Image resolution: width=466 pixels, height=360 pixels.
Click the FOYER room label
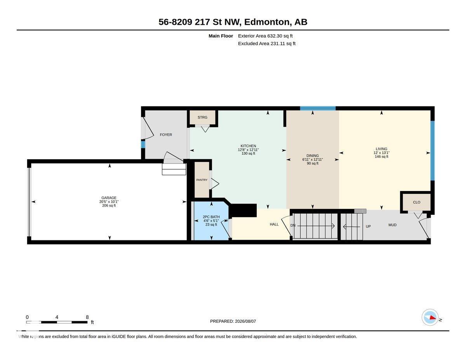pyautogui.click(x=166, y=135)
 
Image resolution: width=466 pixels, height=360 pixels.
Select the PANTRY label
pyautogui.click(x=202, y=180)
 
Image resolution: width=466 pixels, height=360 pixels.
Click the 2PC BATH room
pyautogui.click(x=211, y=221)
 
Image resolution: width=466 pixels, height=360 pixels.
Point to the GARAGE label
pyautogui.click(x=109, y=198)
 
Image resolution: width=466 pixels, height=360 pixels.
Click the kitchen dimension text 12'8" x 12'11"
pyautogui.click(x=248, y=150)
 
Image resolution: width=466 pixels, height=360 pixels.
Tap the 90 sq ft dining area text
pyautogui.click(x=313, y=163)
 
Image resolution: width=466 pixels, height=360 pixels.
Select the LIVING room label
pyautogui.click(x=381, y=149)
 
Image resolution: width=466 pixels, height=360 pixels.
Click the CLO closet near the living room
pyautogui.click(x=417, y=202)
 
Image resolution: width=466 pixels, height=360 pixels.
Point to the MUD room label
pyautogui.click(x=393, y=225)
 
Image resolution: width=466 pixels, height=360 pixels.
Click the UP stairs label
pyautogui.click(x=368, y=226)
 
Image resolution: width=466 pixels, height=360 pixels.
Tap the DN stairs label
pyautogui.click(x=293, y=226)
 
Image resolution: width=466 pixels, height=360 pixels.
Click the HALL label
pyautogui.click(x=274, y=224)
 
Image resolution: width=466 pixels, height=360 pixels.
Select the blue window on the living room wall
pyautogui.click(x=433, y=151)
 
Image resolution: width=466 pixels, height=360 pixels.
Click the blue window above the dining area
pyautogui.click(x=318, y=108)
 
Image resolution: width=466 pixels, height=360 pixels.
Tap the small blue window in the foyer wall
pyautogui.click(x=143, y=144)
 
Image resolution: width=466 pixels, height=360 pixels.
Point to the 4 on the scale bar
pyautogui.click(x=57, y=317)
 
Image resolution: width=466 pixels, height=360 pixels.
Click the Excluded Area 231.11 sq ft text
pyautogui.click(x=266, y=43)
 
